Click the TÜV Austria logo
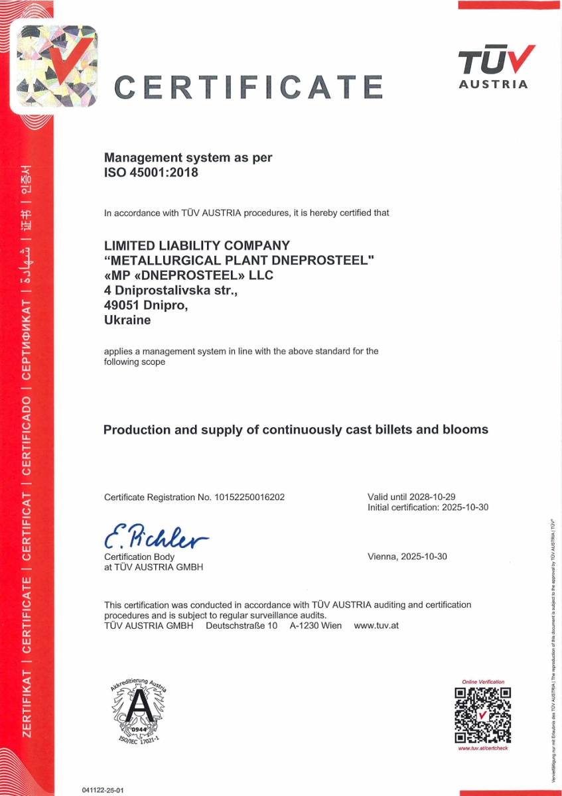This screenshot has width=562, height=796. pyautogui.click(x=496, y=66)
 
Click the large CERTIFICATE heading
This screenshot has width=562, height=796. pyautogui.click(x=249, y=87)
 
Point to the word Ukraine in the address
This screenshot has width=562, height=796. pyautogui.click(x=127, y=320)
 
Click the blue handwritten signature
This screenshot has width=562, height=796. pyautogui.click(x=155, y=537)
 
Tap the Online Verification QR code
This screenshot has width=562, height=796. pyautogui.click(x=482, y=714)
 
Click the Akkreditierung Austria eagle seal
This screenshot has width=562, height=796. pyautogui.click(x=139, y=710)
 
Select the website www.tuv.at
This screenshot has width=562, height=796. pyautogui.click(x=376, y=626)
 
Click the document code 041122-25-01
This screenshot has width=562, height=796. pyautogui.click(x=103, y=790)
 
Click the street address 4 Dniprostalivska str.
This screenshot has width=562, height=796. pyautogui.click(x=171, y=291)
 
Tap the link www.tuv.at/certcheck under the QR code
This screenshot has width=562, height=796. pyautogui.click(x=483, y=748)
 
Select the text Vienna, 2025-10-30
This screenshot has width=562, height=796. pyautogui.click(x=407, y=557)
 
